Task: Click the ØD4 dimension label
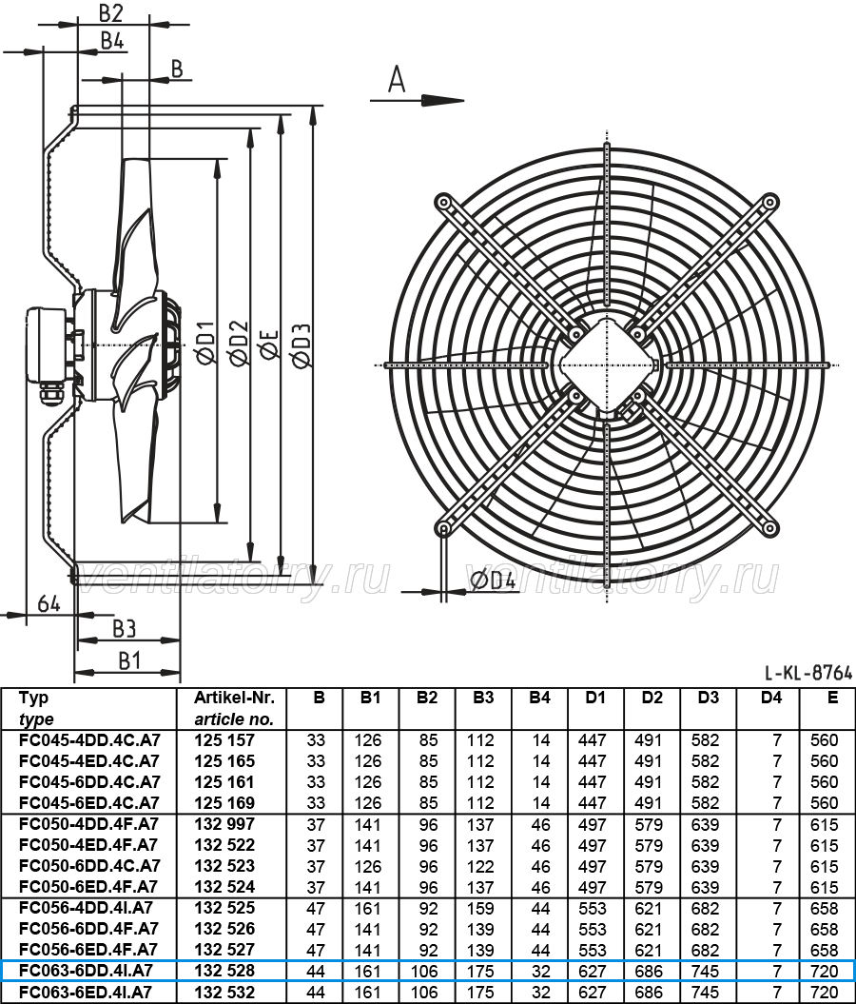pyautogui.click(x=492, y=581)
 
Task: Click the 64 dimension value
pyautogui.click(x=49, y=603)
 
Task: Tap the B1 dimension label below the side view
pyautogui.click(x=129, y=660)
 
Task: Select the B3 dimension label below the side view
pyautogui.click(x=124, y=629)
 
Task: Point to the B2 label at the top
pyautogui.click(x=110, y=12)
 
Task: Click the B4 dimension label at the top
pyautogui.click(x=112, y=40)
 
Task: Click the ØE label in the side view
pyautogui.click(x=269, y=345)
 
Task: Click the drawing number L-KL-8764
pyautogui.click(x=808, y=672)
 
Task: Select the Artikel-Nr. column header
pyautogui.click(x=234, y=698)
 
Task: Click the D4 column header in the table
pyautogui.click(x=771, y=698)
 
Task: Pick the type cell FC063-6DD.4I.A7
pyautogui.click(x=87, y=971)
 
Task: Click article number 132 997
pyautogui.click(x=224, y=824)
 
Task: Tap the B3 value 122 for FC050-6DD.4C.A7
pyautogui.click(x=479, y=866)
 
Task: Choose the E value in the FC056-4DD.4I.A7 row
pyautogui.click(x=824, y=909)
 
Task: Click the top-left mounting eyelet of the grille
pyautogui.click(x=442, y=203)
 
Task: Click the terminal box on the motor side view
pyautogui.click(x=47, y=345)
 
